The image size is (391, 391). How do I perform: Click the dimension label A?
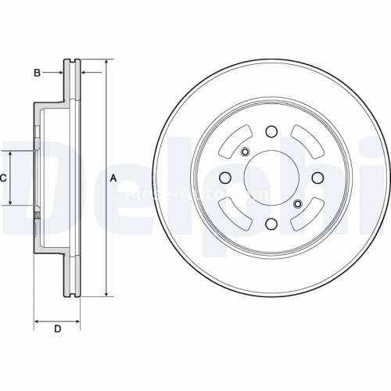[x=113, y=178]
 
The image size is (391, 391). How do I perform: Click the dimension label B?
[x=36, y=73]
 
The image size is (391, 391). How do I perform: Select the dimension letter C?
[x=3, y=178]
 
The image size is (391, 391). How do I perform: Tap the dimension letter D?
[x=57, y=328]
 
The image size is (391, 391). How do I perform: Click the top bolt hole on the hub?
[x=271, y=131]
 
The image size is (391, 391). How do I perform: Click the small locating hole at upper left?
[x=245, y=152]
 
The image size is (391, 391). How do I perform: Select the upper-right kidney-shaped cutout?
[x=306, y=142]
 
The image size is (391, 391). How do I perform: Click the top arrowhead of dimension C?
[x=10, y=154]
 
